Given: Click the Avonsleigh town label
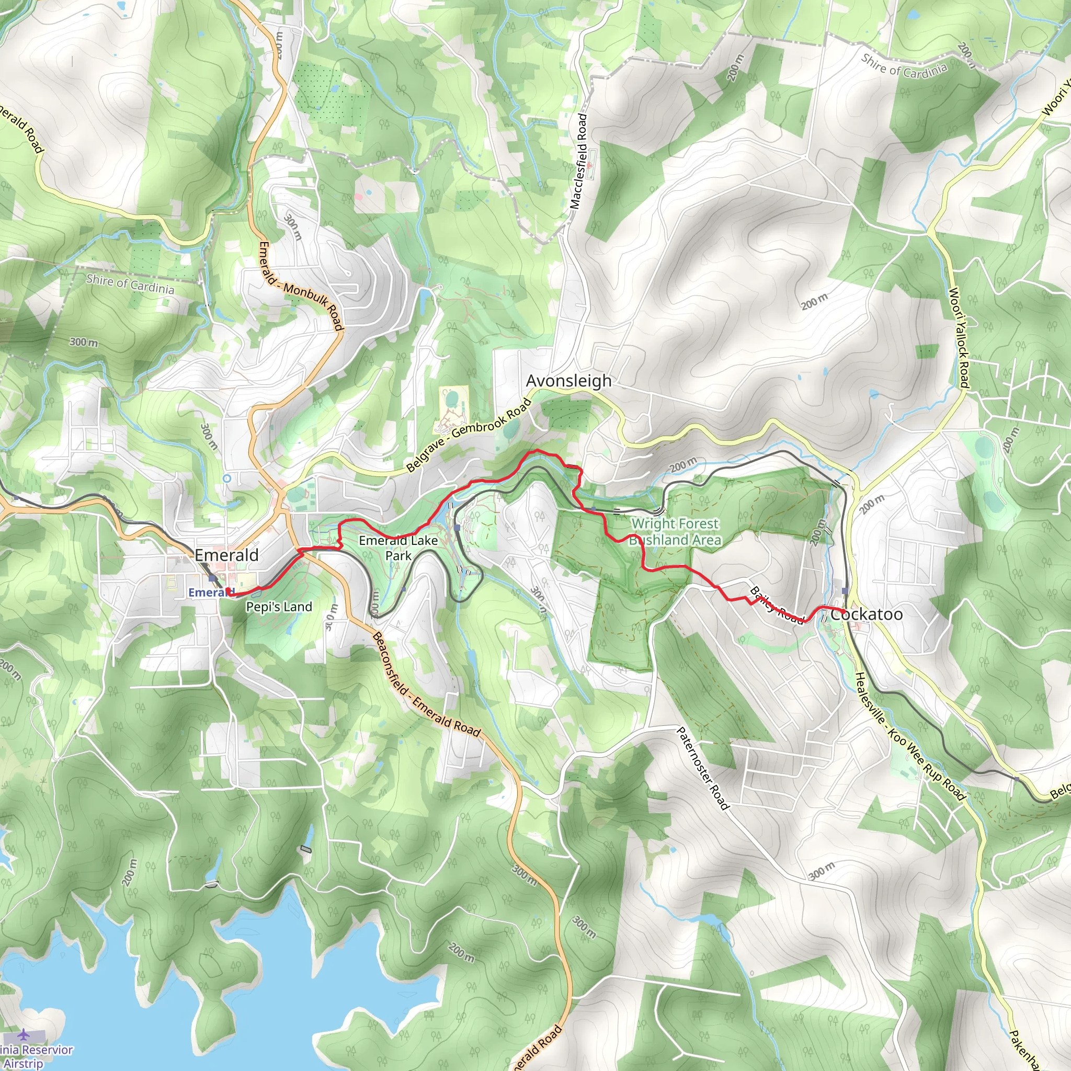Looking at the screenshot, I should coord(568,381).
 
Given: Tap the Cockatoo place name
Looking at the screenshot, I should coord(866,614).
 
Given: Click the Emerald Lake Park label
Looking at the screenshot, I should coord(398,548).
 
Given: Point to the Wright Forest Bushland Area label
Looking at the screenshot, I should coord(675,532).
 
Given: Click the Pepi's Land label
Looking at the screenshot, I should coord(279,607).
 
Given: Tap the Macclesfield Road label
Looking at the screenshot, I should coord(578,161).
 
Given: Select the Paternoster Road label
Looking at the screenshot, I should coord(702,768).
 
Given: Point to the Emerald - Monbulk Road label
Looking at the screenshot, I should coord(301,286).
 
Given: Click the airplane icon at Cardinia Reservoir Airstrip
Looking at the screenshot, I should coord(24,1034).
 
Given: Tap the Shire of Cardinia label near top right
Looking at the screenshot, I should coord(904,65).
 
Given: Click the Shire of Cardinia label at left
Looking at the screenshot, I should coord(130,284).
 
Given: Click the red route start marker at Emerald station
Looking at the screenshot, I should coord(229,591).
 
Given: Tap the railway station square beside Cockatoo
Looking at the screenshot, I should coord(845,591).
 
